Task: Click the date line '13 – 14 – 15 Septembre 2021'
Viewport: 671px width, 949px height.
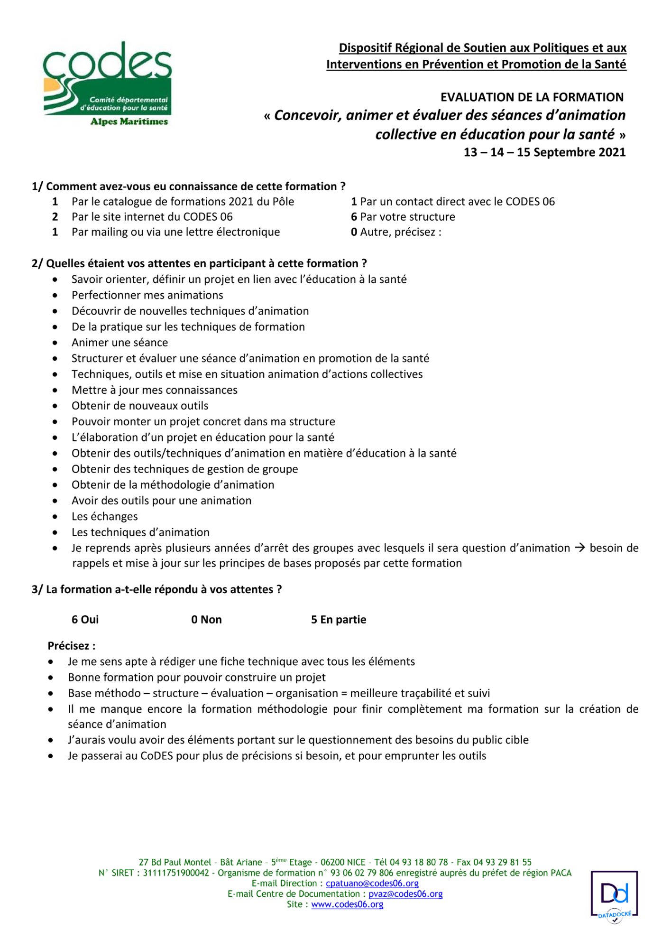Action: [544, 152]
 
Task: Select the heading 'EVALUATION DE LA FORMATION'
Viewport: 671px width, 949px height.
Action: [532, 97]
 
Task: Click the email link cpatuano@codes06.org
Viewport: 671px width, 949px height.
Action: [372, 884]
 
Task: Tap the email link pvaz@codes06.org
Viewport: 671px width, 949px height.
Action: [405, 894]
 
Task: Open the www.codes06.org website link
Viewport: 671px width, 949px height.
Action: [347, 904]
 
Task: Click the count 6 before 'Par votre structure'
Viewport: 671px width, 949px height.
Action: [354, 217]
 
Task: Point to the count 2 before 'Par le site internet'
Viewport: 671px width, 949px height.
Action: [55, 217]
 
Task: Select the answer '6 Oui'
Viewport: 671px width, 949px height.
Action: [85, 620]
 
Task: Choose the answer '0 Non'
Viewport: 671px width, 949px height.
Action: [206, 620]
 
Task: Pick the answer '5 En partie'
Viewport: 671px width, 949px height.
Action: [339, 620]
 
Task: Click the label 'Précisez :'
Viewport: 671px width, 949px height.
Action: [72, 646]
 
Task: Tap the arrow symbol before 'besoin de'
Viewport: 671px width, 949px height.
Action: [579, 548]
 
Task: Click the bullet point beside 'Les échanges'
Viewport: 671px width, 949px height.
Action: [55, 517]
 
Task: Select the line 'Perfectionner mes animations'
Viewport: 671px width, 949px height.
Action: [147, 295]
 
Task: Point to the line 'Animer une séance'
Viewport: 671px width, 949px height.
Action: [119, 343]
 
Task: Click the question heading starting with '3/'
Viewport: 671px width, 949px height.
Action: [156, 589]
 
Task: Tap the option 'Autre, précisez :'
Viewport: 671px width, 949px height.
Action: [401, 232]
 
